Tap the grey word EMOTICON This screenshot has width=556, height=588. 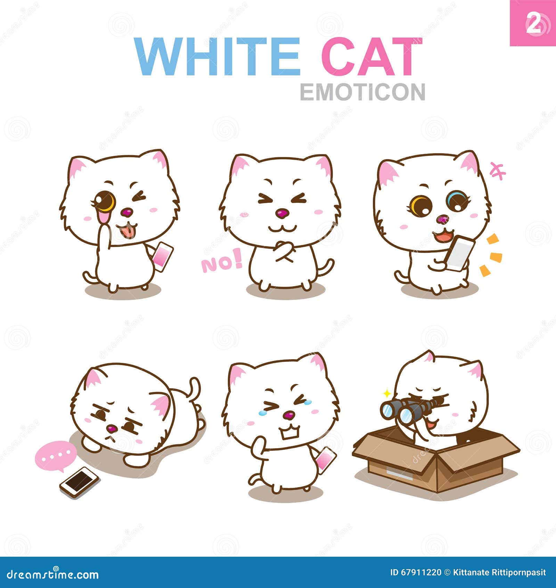pos(362,92)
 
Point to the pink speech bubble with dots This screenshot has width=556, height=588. pos(56,455)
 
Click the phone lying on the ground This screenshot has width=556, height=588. pos(80,482)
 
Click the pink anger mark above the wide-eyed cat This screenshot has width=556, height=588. pos(497,170)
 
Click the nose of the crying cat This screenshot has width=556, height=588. pos(289,415)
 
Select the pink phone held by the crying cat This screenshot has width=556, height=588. pos(326,459)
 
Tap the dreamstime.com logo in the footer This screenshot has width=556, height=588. pos(52,574)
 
